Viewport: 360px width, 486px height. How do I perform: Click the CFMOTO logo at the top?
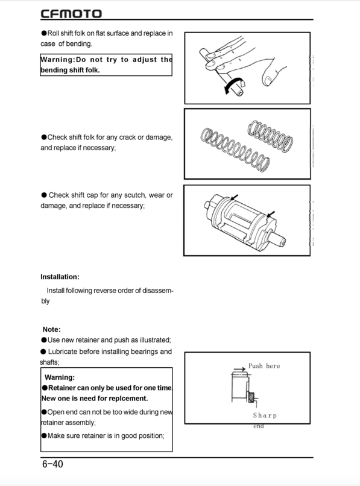coord(71,13)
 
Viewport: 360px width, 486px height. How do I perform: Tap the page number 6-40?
coord(52,464)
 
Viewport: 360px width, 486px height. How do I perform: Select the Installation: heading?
coord(60,277)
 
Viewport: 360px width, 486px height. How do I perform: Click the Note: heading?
coord(51,329)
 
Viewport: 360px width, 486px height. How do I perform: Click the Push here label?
coord(264,366)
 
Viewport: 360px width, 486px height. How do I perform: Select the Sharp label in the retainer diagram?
coord(265,415)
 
